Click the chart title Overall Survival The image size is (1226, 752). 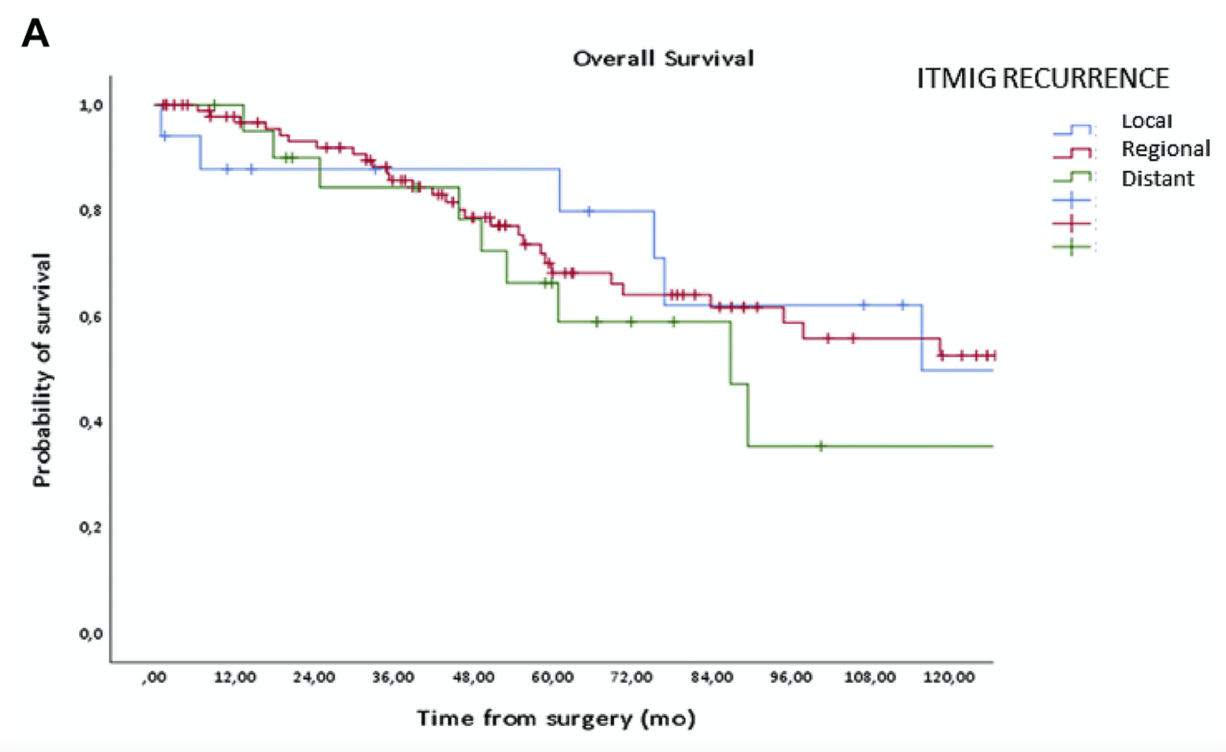pyautogui.click(x=663, y=59)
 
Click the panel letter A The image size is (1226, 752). pyautogui.click(x=35, y=34)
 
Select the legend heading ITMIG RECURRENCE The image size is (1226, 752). pyautogui.click(x=1042, y=78)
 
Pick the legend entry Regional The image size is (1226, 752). pyautogui.click(x=1166, y=148)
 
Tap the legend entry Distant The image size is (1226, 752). pyautogui.click(x=1157, y=178)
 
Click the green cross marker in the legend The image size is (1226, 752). pyautogui.click(x=1072, y=247)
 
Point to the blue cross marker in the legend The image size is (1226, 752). pyautogui.click(x=1072, y=199)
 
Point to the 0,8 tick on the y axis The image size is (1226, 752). pyautogui.click(x=91, y=211)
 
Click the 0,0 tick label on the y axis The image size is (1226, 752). pyautogui.click(x=91, y=633)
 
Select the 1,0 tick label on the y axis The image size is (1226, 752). pyautogui.click(x=91, y=105)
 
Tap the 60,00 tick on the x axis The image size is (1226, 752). pyautogui.click(x=552, y=677)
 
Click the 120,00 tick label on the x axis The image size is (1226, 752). pyautogui.click(x=949, y=677)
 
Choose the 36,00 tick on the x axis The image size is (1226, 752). pyautogui.click(x=393, y=677)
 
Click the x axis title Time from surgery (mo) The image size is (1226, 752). pyautogui.click(x=556, y=718)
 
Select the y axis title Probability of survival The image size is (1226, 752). pyautogui.click(x=42, y=369)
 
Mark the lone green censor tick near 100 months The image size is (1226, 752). pyautogui.click(x=821, y=446)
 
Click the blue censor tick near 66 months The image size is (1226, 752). pyautogui.click(x=589, y=211)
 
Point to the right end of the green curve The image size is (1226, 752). pyautogui.click(x=992, y=446)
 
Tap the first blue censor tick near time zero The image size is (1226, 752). pyautogui.click(x=165, y=137)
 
